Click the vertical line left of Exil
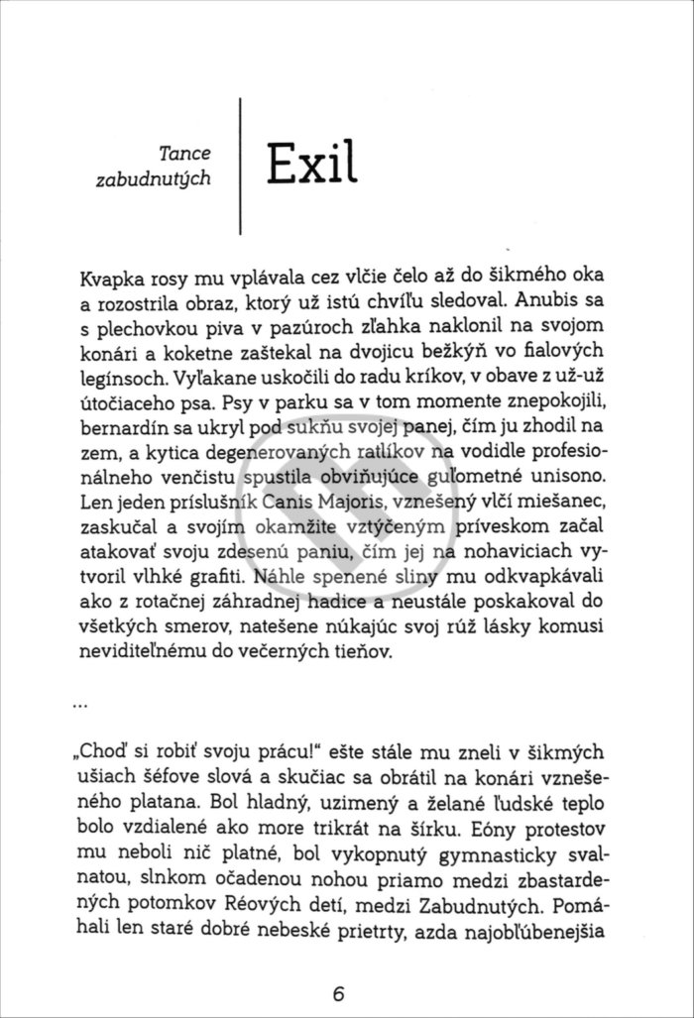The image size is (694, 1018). click(x=241, y=166)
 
